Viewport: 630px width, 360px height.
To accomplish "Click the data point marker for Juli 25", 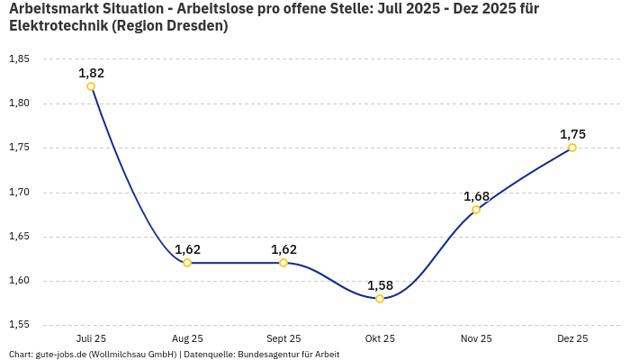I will pos(91,86).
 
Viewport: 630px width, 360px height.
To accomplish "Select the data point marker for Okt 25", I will pos(380,299).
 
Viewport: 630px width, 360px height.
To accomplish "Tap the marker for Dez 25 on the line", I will pos(572,148).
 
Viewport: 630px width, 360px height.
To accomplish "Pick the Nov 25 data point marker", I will pos(476,210).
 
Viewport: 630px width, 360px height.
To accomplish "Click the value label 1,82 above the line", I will pos(91,73).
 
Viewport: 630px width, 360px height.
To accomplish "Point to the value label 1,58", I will pos(380,285).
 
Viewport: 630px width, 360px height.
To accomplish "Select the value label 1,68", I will pos(476,196).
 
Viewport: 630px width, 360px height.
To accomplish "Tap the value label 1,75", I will pos(572,134).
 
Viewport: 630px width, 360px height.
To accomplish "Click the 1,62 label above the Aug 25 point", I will pos(187,249).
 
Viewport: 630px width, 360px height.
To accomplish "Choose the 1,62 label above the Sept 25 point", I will pos(283,249).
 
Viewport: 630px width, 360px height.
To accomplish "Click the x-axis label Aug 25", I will pos(187,338).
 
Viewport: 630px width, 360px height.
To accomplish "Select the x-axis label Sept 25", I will pos(283,338).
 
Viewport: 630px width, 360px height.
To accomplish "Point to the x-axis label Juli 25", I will pos(91,338).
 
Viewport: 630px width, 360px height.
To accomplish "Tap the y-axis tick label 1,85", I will pos(19,59).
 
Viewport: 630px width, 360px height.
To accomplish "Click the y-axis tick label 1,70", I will pos(19,193).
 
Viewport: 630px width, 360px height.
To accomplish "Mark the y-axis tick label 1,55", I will pos(19,325).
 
